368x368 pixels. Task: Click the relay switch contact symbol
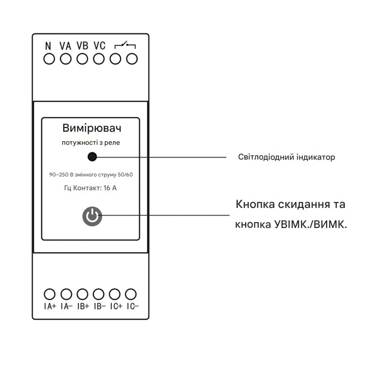tap(125, 46)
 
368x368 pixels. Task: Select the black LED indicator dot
tap(92, 157)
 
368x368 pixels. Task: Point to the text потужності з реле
tap(91, 143)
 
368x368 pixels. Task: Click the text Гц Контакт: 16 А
tap(91, 188)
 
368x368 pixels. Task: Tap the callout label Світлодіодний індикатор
tap(287, 158)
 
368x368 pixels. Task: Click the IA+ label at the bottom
tap(50, 307)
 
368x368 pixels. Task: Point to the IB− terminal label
tap(99, 307)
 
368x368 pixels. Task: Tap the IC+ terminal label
tap(116, 307)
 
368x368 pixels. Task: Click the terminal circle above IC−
tap(131, 294)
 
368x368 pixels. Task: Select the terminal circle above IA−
tap(66, 294)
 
